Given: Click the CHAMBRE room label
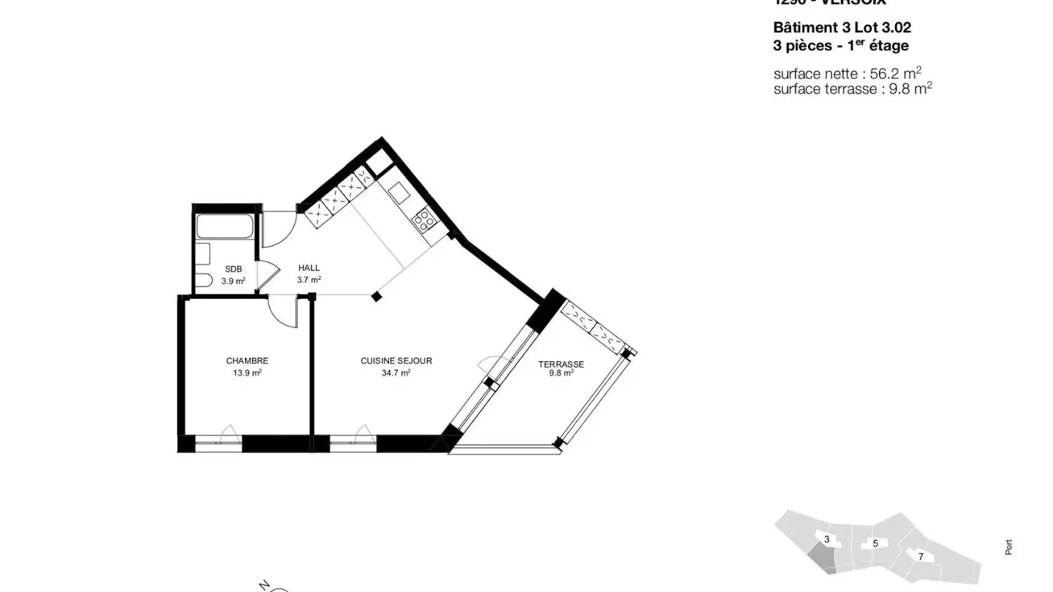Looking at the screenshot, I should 247,361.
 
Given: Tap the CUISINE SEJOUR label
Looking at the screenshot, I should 396,361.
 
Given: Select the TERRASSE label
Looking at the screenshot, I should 561,364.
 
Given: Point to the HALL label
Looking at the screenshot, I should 309,268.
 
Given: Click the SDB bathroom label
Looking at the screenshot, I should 233,269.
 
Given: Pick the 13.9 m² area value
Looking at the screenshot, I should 247,373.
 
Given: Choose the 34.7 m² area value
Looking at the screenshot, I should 396,373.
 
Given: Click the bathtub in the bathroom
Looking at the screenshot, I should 224,227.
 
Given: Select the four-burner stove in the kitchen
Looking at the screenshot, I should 424,219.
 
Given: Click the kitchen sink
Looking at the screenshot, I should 399,194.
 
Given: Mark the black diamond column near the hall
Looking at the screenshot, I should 376,296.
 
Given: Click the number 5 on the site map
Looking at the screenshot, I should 875,544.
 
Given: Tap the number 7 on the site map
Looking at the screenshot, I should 921,557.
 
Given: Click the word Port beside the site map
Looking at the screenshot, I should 1009,547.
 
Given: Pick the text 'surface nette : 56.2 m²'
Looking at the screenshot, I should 847,74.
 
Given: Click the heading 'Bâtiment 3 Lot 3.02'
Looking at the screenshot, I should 842,28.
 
